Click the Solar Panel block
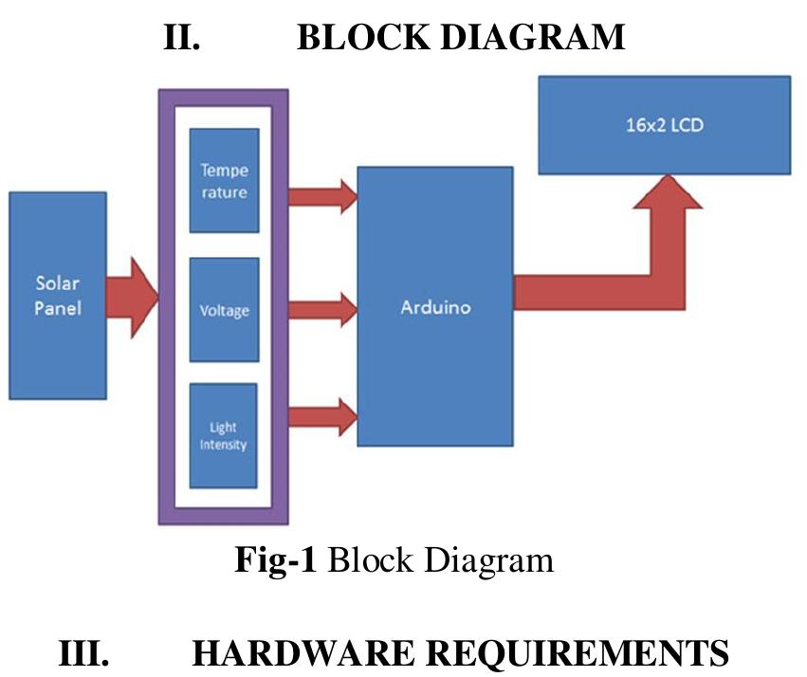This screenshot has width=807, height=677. coord(57,295)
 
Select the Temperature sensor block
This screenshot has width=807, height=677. coord(224,181)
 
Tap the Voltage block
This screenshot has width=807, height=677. coord(224,309)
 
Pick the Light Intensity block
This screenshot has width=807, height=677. coord(224,435)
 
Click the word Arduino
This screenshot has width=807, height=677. coord(435,308)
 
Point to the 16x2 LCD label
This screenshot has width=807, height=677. coord(664,125)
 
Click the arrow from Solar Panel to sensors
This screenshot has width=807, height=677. coord(132,295)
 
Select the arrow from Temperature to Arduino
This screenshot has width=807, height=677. coord(321,196)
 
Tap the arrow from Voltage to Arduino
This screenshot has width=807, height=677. coord(321,307)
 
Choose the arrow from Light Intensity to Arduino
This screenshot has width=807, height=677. coord(321,414)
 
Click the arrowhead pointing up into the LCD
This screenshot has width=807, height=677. coord(668,193)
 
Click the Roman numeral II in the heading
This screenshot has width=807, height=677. coord(179,37)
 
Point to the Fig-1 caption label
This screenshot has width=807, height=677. coord(274,560)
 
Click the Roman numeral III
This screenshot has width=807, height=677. coord(83,654)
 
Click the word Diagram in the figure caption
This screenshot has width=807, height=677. coord(486,560)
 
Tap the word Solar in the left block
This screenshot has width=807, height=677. coord(57,283)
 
